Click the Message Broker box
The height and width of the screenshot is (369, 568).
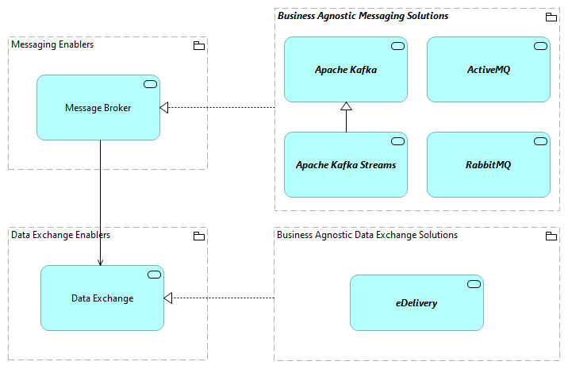pyautogui.click(x=98, y=108)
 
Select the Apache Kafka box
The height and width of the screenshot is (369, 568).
pyautogui.click(x=345, y=70)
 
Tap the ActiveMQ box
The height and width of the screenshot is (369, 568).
pyautogui.click(x=488, y=70)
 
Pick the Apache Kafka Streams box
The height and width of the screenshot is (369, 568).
pyautogui.click(x=345, y=165)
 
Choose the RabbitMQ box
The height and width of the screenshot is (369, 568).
pyautogui.click(x=488, y=165)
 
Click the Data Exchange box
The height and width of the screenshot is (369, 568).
pyautogui.click(x=102, y=298)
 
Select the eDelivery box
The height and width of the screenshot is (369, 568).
pyautogui.click(x=416, y=303)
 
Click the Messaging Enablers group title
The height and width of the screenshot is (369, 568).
pyautogui.click(x=52, y=45)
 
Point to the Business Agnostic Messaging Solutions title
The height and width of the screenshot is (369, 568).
pyautogui.click(x=363, y=16)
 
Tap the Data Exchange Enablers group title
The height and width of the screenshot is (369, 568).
pyautogui.click(x=60, y=235)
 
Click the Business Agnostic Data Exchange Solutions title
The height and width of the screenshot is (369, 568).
pyautogui.click(x=367, y=235)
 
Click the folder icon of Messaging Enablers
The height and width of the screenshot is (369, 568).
pyautogui.click(x=198, y=46)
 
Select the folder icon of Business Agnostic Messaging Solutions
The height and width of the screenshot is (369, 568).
pyautogui.click(x=551, y=17)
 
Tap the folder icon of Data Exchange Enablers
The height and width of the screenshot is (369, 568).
pyautogui.click(x=198, y=236)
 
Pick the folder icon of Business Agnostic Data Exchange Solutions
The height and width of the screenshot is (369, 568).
pyautogui.click(x=551, y=236)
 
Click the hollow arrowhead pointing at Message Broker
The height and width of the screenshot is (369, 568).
pyautogui.click(x=164, y=108)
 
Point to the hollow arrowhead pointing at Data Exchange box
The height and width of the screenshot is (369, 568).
pyautogui.click(x=168, y=298)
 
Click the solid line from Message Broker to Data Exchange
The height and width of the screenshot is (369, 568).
pyautogui.click(x=100, y=198)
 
